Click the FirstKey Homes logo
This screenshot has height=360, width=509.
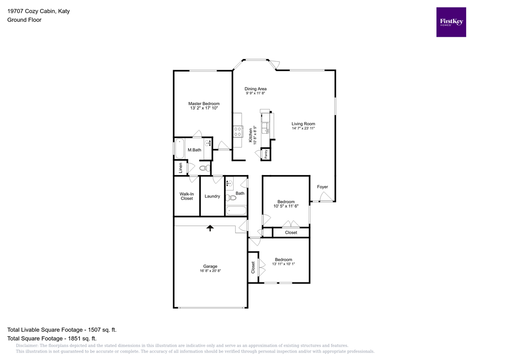(451, 22)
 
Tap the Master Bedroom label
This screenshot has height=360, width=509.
(204, 103)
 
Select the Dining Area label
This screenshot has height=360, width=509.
(255, 89)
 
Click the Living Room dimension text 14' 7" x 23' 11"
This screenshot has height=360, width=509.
(303, 128)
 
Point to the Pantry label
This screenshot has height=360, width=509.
(266, 154)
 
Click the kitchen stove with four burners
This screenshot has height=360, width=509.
(238, 131)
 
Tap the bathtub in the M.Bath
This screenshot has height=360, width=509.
(179, 148)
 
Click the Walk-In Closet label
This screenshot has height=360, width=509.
(186, 196)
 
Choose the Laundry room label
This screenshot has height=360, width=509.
(212, 196)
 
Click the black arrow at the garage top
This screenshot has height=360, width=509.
(210, 228)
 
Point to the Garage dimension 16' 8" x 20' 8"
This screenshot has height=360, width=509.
(210, 271)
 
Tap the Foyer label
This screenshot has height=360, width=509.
(323, 187)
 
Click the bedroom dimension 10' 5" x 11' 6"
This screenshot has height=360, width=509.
(286, 206)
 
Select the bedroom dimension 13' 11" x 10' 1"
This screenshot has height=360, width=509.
(283, 264)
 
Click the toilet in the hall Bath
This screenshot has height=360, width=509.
(231, 198)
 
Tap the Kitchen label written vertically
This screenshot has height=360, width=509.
(251, 135)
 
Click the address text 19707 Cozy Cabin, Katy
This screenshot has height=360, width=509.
(38, 10)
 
